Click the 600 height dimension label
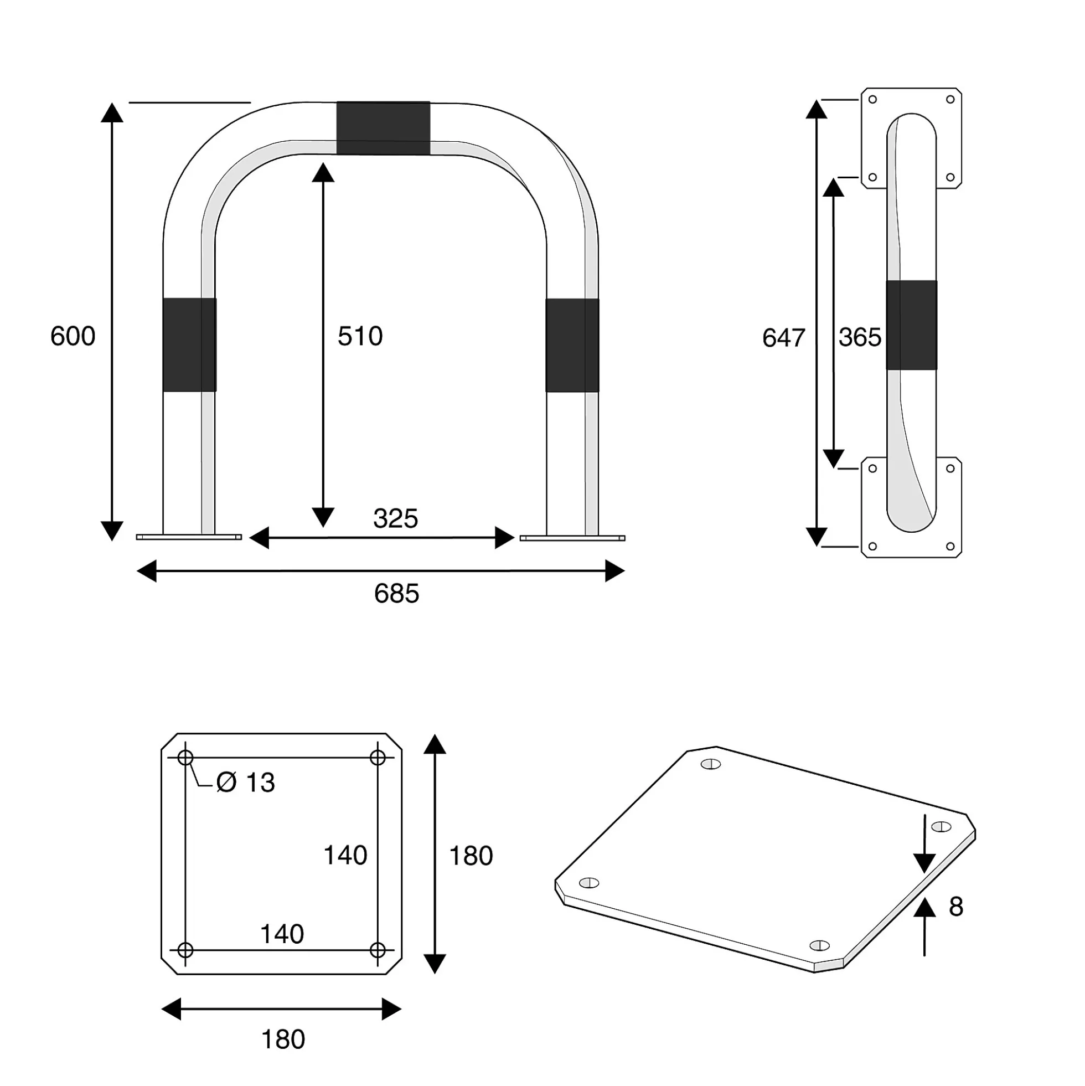pyautogui.click(x=73, y=336)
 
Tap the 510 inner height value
pyautogui.click(x=360, y=336)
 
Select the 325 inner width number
pyautogui.click(x=396, y=518)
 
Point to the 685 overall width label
pyautogui.click(x=397, y=594)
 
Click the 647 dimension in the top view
pyautogui.click(x=784, y=338)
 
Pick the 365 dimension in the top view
pyautogui.click(x=860, y=337)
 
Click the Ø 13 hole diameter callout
pyautogui.click(x=246, y=783)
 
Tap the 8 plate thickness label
pyautogui.click(x=956, y=907)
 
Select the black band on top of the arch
pyautogui.click(x=383, y=128)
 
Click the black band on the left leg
pyautogui.click(x=189, y=344)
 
